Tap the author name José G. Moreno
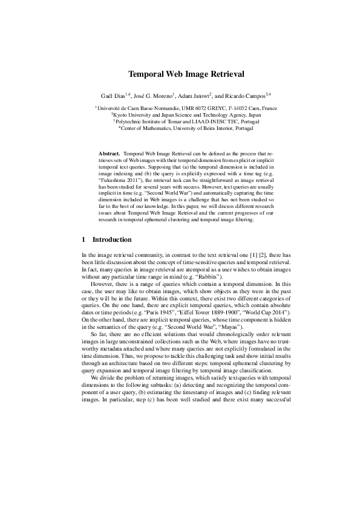pyautogui.click(x=153, y=96)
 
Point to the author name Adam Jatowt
pyautogui.click(x=195, y=96)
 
